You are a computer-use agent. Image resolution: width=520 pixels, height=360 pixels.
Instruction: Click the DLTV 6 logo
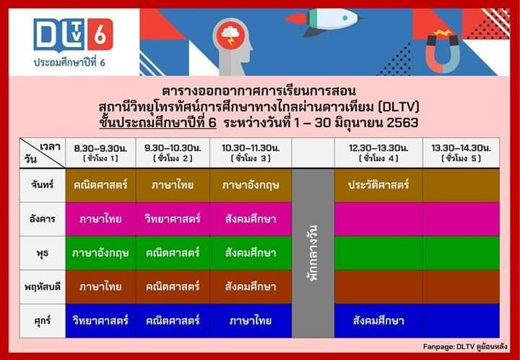pyautogui.click(x=73, y=35)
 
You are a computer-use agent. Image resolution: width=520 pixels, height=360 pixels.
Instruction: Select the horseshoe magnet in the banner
pyautogui.click(x=443, y=51)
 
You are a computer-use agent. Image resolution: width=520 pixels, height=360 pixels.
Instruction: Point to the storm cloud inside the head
pyautogui.click(x=230, y=34)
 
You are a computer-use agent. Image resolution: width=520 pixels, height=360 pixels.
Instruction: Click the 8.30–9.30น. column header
pyautogui.click(x=100, y=153)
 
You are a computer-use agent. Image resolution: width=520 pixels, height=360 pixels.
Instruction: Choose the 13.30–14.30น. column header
pyautogui.click(x=461, y=153)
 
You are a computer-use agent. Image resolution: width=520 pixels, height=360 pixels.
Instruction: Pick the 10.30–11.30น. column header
pyautogui.click(x=251, y=153)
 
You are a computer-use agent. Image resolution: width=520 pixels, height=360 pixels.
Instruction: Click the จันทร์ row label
pyautogui.click(x=43, y=185)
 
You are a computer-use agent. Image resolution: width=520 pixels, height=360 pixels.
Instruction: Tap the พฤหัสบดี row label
pyautogui.click(x=43, y=287)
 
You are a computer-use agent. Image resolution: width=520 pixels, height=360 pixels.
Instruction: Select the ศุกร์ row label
pyautogui.click(x=43, y=321)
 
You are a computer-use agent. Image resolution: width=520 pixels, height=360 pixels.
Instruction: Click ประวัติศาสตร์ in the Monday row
pyautogui.click(x=378, y=185)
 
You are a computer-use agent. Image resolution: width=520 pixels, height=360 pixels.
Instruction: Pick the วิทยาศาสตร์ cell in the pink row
pyautogui.click(x=173, y=219)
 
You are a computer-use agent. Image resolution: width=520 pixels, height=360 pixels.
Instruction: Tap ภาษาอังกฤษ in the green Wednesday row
pyautogui.click(x=100, y=253)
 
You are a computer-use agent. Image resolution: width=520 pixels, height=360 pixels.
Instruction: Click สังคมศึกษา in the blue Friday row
pyautogui.click(x=378, y=321)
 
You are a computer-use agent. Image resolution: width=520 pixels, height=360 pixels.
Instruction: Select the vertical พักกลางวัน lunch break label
pyautogui.click(x=313, y=253)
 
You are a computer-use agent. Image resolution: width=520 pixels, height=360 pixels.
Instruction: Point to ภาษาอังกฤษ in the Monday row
pyautogui.click(x=251, y=185)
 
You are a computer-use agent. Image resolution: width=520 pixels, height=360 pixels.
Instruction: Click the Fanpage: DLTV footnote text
pyautogui.click(x=465, y=347)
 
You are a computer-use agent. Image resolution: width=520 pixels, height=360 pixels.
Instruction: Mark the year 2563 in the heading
pyautogui.click(x=402, y=123)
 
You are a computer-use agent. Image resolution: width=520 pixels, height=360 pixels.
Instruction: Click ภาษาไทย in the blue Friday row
pyautogui.click(x=251, y=321)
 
